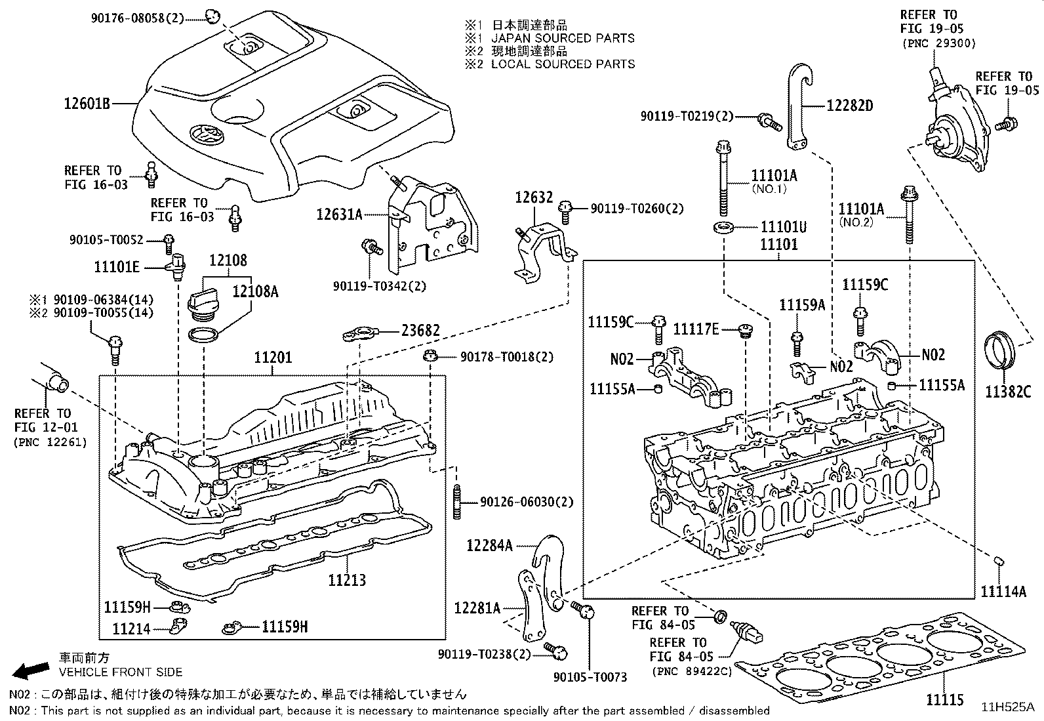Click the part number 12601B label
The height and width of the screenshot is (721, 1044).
coord(87,103)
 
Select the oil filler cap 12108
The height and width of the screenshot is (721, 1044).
coord(201,302)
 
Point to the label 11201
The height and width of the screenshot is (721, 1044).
coord(273,358)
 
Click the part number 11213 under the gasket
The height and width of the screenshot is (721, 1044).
coord(347,580)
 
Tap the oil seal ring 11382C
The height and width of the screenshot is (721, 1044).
coord(1001,354)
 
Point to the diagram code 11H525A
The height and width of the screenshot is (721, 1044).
coord(1007,707)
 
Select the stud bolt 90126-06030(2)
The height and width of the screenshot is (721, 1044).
coord(456,503)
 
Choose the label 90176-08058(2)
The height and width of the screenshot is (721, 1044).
coord(137,18)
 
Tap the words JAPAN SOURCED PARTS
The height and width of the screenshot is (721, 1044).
coord(563,38)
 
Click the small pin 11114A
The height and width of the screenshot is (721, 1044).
coord(1001,562)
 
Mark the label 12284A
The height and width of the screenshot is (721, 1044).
coord(489,545)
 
